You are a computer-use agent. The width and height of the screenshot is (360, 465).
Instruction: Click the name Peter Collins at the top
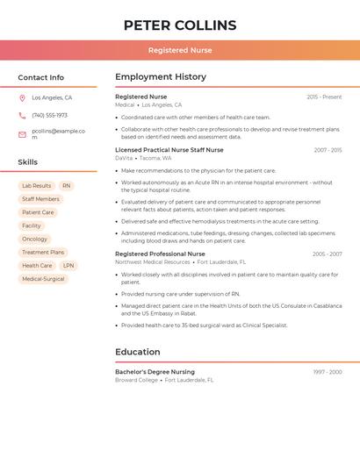point(180,25)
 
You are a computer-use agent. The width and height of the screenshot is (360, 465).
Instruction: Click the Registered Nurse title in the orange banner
point(180,50)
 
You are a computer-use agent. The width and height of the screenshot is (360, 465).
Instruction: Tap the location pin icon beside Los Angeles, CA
point(22,97)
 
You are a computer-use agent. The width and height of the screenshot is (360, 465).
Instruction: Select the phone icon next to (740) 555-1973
point(22,115)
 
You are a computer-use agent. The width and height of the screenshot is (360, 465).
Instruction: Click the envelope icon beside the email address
point(22,134)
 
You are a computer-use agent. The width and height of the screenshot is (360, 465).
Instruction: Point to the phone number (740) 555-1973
point(49,115)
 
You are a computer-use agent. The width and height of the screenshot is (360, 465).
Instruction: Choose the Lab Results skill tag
point(36,186)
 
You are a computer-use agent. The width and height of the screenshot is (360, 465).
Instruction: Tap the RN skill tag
point(67,186)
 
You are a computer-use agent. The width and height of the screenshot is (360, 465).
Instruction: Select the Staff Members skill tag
point(40,199)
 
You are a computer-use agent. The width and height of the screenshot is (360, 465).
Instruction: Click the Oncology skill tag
point(34,239)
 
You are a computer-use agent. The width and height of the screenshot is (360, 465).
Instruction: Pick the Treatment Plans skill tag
point(43,252)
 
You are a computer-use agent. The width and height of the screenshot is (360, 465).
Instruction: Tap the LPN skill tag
point(68,265)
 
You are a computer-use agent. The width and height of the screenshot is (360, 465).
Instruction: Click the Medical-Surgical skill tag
point(43,279)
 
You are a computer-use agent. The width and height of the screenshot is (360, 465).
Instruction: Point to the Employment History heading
point(161,77)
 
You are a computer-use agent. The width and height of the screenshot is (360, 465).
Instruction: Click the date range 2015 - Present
point(324,97)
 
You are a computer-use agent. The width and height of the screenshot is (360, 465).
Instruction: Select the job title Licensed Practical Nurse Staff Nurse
point(169,150)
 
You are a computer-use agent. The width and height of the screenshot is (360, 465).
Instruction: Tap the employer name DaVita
point(124,158)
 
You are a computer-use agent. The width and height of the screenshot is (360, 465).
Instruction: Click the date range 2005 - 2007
point(327,254)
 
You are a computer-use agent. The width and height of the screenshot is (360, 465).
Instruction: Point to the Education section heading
point(138,352)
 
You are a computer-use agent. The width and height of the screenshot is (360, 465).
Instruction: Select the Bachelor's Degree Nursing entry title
point(155,372)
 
